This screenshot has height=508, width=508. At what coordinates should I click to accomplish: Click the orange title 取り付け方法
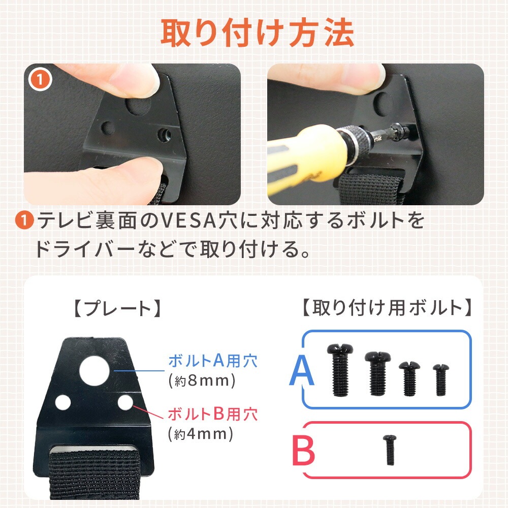click(257, 34)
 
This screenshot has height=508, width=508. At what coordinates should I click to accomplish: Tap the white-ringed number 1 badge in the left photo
click(40, 79)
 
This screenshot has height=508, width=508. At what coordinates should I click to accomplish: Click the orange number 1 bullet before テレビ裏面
click(24, 220)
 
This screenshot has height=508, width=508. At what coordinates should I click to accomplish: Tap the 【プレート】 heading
click(118, 308)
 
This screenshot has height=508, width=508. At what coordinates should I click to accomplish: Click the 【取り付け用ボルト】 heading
click(387, 307)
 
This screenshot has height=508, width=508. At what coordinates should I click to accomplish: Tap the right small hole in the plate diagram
click(125, 402)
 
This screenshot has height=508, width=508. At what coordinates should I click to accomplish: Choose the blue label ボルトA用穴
click(213, 361)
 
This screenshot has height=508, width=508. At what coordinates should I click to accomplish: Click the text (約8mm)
click(202, 381)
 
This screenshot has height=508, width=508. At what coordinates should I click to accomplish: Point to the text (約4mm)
click(201, 434)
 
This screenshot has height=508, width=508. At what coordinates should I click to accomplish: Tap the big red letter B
click(304, 450)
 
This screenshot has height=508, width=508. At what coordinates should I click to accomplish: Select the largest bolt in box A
click(340, 370)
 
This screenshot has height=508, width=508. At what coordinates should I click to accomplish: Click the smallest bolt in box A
click(440, 379)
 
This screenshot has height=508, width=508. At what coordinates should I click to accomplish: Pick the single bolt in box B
click(390, 450)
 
